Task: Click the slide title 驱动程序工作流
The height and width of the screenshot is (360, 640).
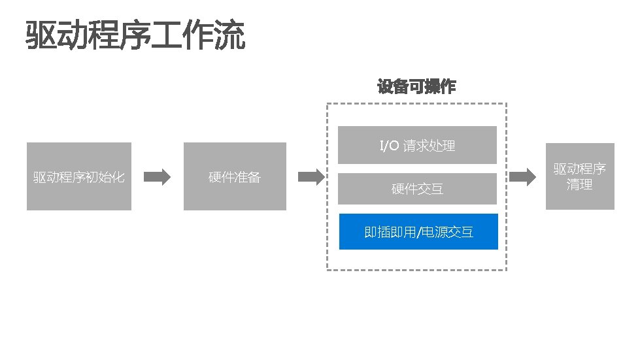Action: click(135, 36)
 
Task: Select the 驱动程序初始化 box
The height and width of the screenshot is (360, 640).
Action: click(78, 176)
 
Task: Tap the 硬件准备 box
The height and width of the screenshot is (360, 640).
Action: click(235, 176)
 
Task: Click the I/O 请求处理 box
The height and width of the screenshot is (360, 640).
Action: click(417, 145)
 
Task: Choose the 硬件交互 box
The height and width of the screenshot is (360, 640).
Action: click(417, 189)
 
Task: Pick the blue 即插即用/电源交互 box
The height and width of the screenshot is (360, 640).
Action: click(418, 232)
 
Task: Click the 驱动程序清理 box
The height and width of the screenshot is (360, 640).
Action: click(580, 176)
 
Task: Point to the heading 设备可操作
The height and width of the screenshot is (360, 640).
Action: click(416, 87)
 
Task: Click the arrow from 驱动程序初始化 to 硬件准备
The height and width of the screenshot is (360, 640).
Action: click(157, 176)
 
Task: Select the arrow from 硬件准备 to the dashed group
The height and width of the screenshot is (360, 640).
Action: click(311, 176)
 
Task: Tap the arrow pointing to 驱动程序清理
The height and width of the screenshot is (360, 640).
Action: click(523, 176)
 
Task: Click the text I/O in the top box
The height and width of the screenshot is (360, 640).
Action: click(389, 146)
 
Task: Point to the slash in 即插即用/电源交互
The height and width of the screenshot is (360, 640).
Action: click(418, 232)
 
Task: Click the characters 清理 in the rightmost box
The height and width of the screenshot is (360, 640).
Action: click(580, 185)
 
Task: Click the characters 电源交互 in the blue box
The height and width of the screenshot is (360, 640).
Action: click(447, 232)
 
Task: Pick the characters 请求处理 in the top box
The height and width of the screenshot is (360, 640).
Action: click(429, 146)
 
